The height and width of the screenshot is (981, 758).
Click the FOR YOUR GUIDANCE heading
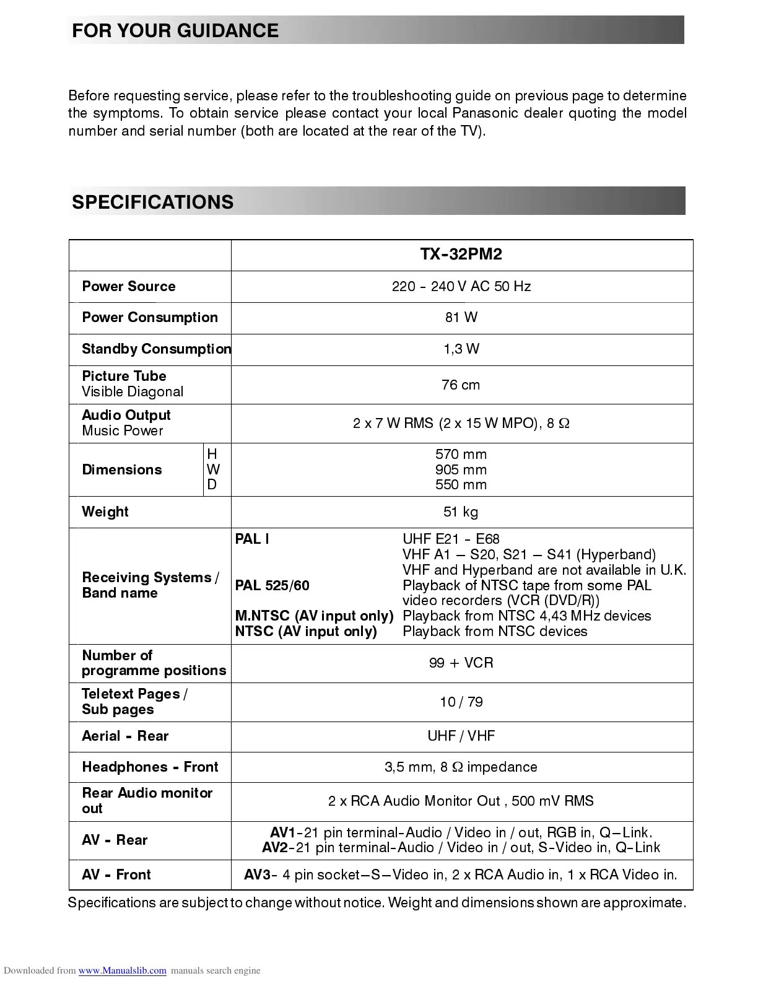coord(175,31)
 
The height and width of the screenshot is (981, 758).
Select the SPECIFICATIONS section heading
coord(152,203)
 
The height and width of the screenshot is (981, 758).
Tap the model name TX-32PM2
coord(461,255)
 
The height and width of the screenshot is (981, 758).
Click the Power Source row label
coord(129,287)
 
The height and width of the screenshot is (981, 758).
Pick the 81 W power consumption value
coord(461,318)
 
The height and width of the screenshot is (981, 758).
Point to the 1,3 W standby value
coord(461,349)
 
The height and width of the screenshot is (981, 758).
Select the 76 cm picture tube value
coord(461,385)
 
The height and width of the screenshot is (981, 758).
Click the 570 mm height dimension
coord(461,455)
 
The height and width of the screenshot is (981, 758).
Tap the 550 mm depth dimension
coord(461,485)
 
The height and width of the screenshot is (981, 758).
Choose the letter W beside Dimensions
coord(213,470)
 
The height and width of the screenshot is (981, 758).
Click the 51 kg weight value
coord(461,512)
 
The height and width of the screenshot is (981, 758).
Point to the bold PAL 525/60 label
coord(272,586)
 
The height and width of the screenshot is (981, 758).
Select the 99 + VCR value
coord(461,663)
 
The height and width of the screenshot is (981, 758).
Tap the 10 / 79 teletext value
coord(461,702)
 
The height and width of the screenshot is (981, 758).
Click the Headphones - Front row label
coord(150,767)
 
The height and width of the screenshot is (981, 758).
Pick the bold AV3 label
coord(257,875)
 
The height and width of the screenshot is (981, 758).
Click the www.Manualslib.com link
coord(122,970)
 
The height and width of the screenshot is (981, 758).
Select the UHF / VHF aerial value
coord(461,736)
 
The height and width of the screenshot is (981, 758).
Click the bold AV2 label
coord(275,848)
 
